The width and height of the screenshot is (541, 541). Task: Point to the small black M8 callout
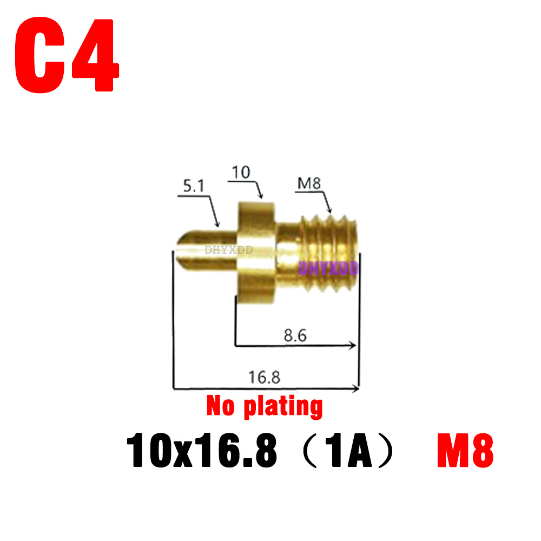(309, 184)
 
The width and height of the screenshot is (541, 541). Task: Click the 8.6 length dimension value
(295, 335)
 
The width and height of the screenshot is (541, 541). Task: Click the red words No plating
(265, 406)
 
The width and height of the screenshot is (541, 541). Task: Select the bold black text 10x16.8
(201, 452)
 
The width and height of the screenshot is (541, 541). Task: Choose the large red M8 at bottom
(465, 452)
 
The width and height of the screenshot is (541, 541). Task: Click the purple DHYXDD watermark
(328, 267)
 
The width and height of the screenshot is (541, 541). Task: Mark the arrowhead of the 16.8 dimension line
(355, 387)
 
